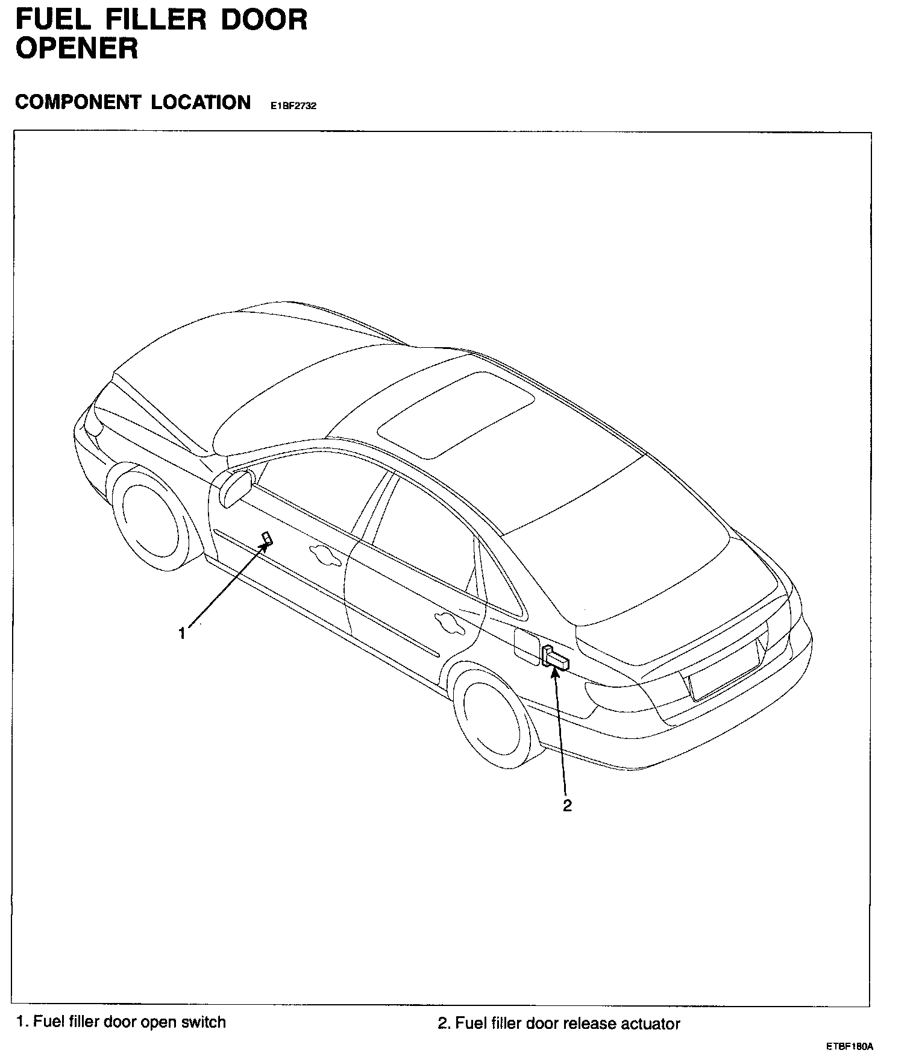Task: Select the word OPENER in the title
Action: (77, 48)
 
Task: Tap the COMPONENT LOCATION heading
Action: (133, 102)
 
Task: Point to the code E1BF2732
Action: (293, 105)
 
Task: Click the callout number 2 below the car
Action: (567, 805)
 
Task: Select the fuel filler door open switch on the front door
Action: (266, 538)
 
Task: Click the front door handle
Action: (324, 555)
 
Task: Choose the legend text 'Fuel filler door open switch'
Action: (121, 1022)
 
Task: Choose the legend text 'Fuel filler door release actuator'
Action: (559, 1023)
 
